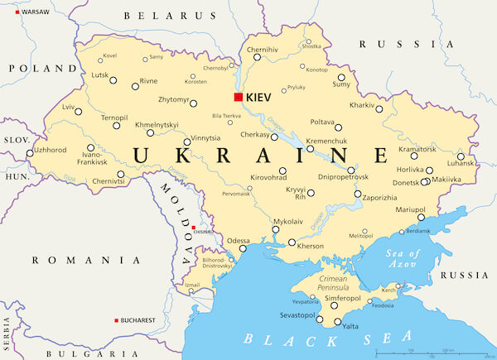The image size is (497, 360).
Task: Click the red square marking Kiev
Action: click(239, 97)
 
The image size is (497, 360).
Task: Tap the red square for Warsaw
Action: click(5, 12)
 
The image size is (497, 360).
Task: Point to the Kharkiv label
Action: click(363, 106)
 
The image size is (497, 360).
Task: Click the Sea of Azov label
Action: click(403, 258)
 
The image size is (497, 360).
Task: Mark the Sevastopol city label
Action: click(296, 315)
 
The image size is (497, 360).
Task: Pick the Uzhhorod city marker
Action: click(31, 152)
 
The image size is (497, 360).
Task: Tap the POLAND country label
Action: click(31, 69)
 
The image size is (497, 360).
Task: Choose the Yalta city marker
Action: click(336, 320)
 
